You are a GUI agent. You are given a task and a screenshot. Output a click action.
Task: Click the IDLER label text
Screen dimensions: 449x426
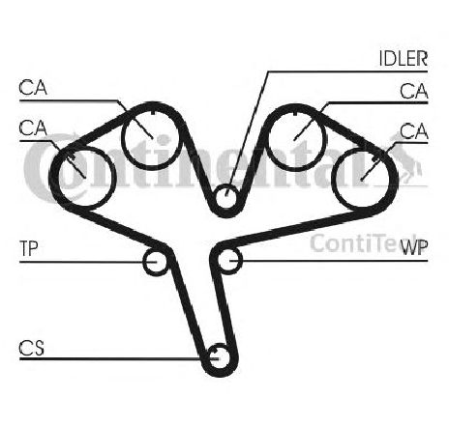coord(404,58)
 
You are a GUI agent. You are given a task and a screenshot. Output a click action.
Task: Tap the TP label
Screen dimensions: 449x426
coord(29,248)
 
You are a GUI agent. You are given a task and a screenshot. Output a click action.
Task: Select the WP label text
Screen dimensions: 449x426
coord(414,247)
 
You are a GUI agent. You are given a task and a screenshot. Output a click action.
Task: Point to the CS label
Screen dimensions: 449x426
coord(31,348)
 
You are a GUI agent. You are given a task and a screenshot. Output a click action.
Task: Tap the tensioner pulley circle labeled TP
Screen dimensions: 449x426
coord(144,263)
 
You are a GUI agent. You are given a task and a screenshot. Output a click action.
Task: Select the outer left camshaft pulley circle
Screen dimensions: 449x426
coord(113,177)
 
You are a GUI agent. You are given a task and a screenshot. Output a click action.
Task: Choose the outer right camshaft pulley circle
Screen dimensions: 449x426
coord(333,178)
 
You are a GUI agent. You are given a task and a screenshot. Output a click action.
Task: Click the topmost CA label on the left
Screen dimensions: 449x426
coord(33,88)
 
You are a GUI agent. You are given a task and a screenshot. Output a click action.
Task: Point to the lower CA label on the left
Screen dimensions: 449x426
coord(33,128)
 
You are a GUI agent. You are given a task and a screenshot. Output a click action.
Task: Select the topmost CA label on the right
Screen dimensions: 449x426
coord(414,91)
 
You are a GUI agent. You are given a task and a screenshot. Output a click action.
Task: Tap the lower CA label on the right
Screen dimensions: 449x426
coord(414,131)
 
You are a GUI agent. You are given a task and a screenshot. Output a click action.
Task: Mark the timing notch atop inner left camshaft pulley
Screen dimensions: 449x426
coord(154,113)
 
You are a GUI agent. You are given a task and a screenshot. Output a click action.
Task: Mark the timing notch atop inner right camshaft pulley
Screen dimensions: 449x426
coord(295,113)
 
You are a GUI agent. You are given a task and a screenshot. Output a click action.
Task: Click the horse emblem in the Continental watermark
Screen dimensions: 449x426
coord(406,161)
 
